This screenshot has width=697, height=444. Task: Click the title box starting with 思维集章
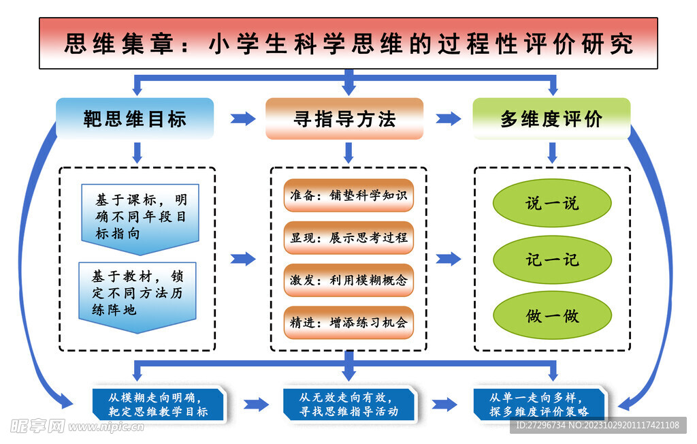348,44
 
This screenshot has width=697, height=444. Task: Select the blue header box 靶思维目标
135,118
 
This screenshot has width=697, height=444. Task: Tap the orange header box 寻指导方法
344,118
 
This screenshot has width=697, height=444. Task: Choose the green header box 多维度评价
551,118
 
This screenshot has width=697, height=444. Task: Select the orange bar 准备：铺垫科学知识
348,195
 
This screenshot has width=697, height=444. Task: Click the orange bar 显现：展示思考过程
348,238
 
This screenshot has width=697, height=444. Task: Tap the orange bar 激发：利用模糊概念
348,280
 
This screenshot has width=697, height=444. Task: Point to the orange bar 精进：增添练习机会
348,322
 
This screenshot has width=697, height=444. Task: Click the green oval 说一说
552,203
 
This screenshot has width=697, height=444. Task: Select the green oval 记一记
552,259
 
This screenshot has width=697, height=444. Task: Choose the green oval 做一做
552,316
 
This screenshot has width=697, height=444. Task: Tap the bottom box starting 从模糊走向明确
158,405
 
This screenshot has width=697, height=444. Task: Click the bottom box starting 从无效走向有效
348,405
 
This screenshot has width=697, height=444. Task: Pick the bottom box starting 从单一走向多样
538,405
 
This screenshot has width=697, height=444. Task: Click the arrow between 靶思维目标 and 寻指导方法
243,119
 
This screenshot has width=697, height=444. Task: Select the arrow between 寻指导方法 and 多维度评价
448,119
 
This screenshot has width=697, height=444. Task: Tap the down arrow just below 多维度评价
552,152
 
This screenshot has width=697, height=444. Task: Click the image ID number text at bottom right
597,425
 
